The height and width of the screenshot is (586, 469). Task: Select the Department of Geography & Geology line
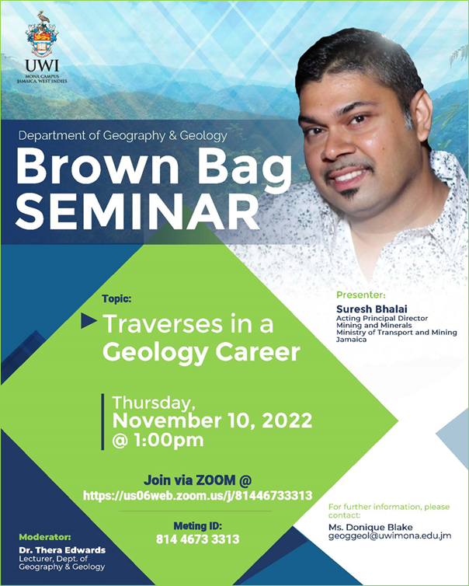click(x=123, y=135)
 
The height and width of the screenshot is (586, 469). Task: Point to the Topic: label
click(x=116, y=298)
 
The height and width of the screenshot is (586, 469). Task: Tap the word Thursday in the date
click(x=151, y=403)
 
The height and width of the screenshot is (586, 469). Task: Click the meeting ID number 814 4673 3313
click(x=198, y=539)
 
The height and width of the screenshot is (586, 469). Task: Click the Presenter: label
click(x=361, y=295)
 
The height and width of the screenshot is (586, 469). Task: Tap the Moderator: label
click(x=46, y=536)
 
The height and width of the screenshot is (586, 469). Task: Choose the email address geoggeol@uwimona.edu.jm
click(x=389, y=537)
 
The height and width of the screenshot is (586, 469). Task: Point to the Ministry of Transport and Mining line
click(x=396, y=333)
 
